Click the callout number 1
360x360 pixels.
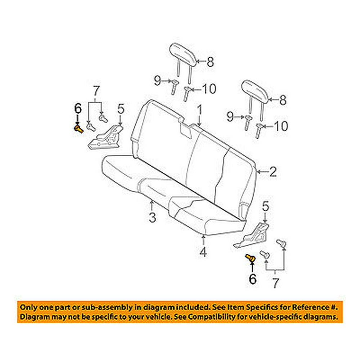point(199,110)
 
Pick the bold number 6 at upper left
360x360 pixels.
point(78,108)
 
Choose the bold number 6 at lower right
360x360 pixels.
point(253,278)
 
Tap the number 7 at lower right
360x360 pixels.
point(275,283)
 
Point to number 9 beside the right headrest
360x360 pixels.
point(231,117)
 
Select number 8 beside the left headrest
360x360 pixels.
point(210,62)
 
